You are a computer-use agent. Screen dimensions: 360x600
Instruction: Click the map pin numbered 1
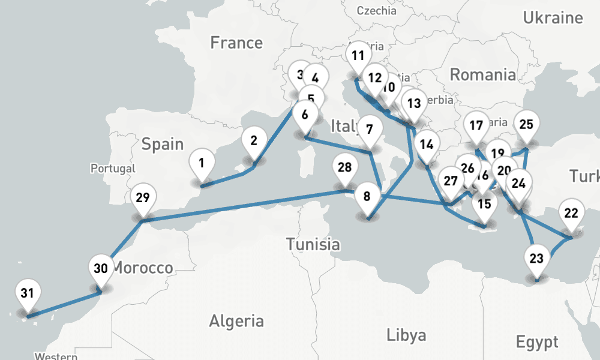(202, 163)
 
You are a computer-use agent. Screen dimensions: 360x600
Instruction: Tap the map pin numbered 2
(254, 142)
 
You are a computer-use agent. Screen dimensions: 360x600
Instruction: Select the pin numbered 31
(27, 293)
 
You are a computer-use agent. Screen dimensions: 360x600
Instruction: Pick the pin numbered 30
(101, 268)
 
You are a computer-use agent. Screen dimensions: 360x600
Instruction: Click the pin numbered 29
(142, 197)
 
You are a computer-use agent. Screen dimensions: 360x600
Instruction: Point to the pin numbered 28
(344, 167)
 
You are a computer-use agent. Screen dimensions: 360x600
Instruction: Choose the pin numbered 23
(536, 259)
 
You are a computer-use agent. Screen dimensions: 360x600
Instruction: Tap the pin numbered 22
(571, 213)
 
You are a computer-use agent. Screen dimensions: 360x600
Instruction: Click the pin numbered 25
(526, 125)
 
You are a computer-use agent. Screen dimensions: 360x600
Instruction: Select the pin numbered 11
(358, 56)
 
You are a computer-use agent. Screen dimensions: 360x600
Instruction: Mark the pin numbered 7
(370, 130)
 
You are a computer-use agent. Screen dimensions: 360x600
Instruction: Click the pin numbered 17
(476, 126)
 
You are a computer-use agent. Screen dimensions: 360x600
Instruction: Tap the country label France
(236, 43)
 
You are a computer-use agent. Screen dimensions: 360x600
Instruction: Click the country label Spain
(163, 144)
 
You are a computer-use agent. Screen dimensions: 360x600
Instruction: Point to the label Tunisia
(313, 244)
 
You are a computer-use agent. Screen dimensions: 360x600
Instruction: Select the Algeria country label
(236, 320)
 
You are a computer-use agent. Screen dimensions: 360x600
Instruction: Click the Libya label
(406, 334)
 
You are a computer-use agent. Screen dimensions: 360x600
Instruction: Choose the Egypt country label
(537, 343)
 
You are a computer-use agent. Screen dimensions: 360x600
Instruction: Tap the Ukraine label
(553, 18)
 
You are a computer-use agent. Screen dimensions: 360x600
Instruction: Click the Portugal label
(113, 169)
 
